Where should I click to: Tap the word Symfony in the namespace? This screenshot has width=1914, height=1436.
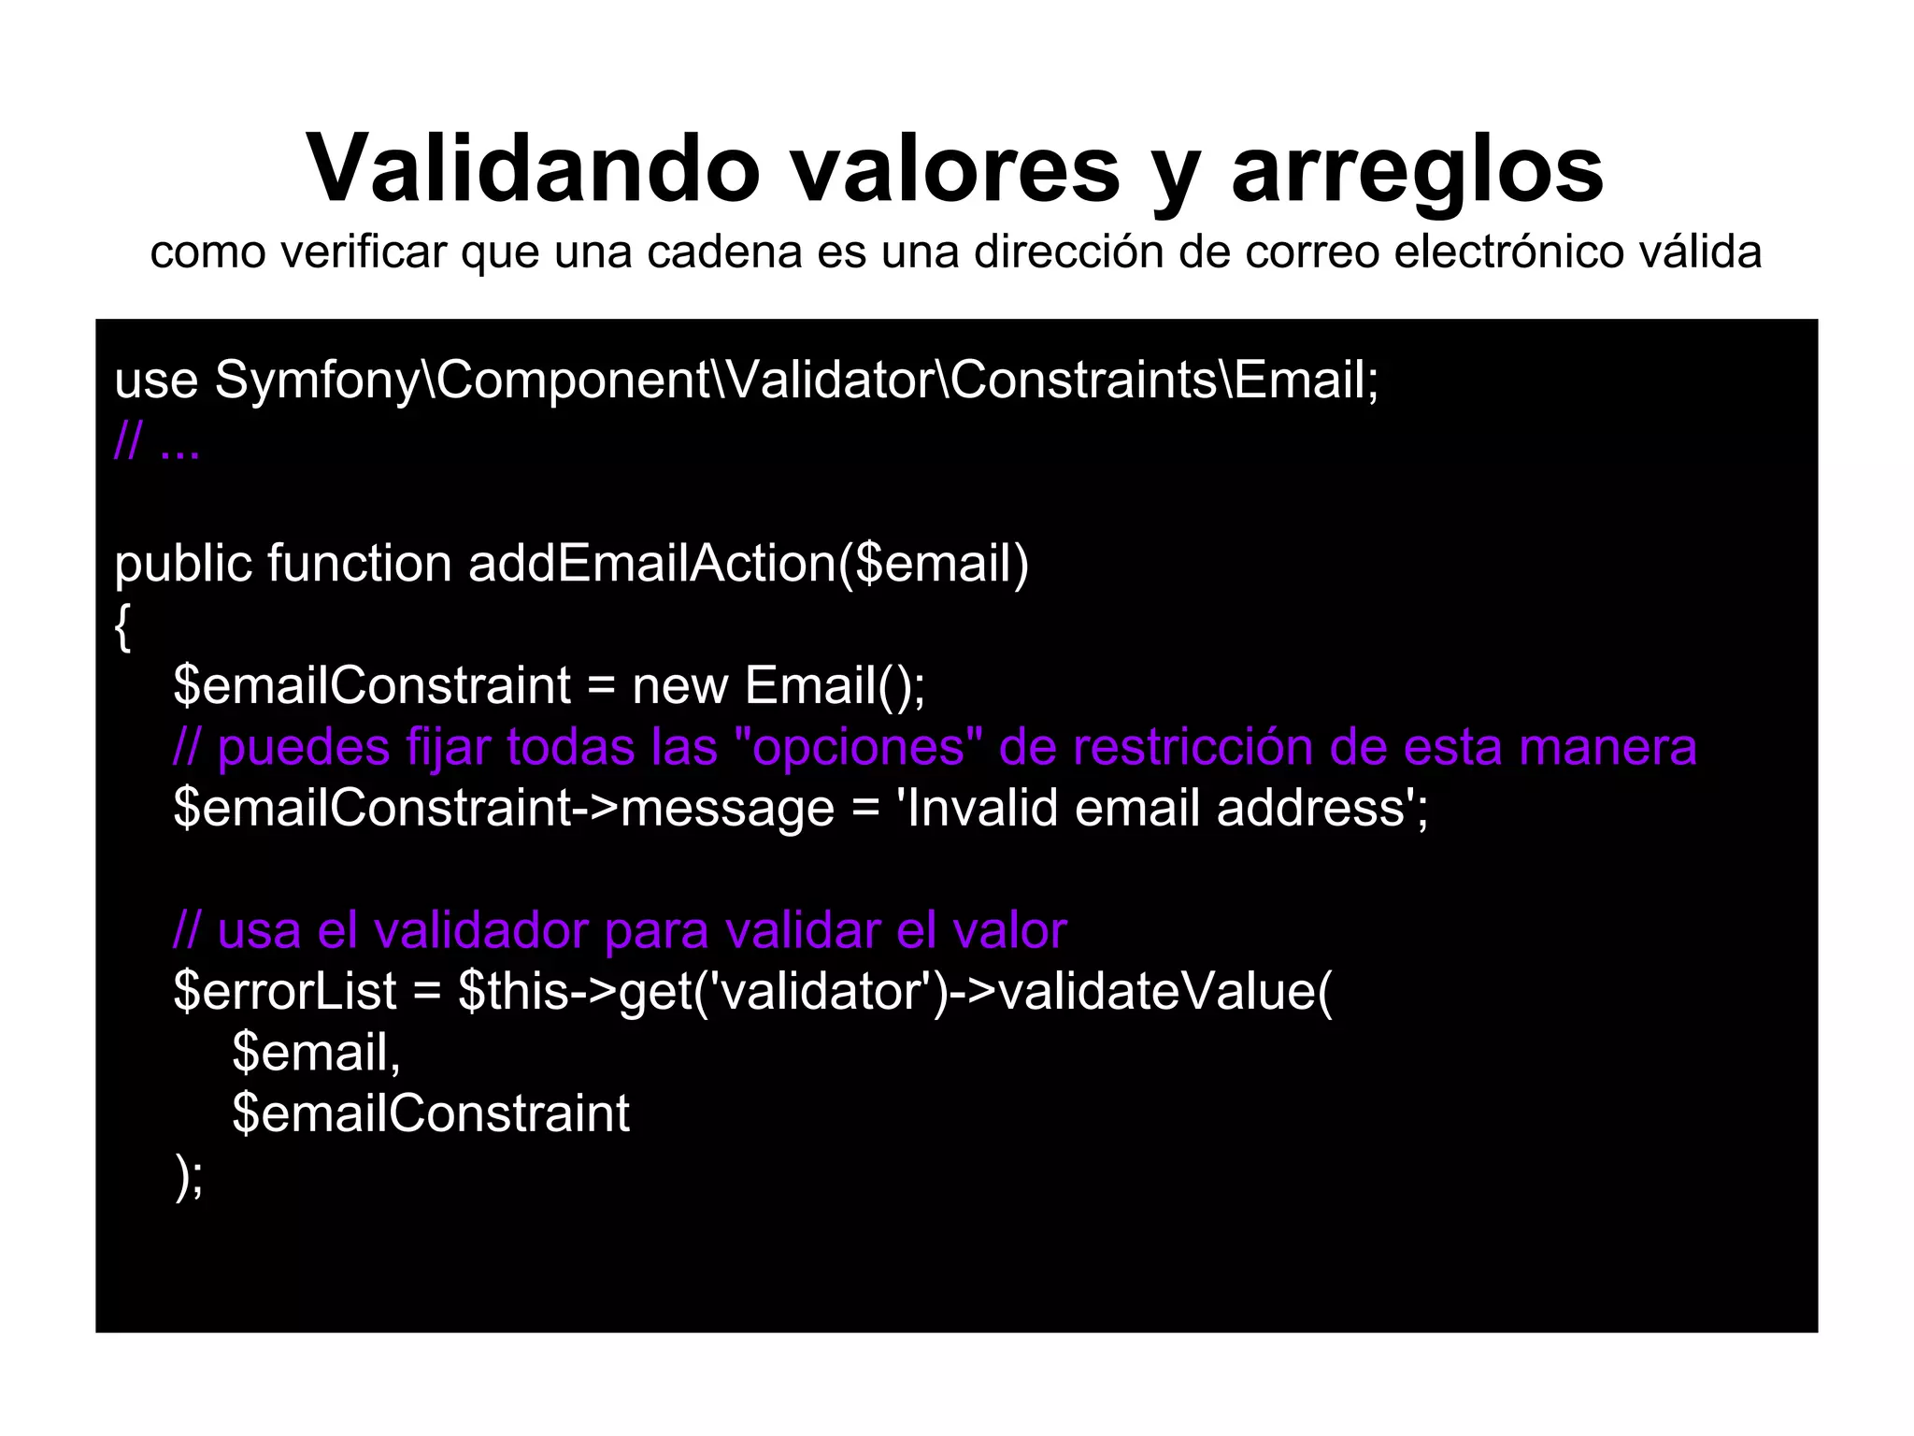click(318, 382)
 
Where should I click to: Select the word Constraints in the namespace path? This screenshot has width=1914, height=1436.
click(1085, 381)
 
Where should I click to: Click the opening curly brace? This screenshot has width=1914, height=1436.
click(122, 626)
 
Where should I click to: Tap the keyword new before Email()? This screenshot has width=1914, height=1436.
click(679, 686)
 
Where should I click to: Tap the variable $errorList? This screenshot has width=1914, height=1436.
click(285, 991)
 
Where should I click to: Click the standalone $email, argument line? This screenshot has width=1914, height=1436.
click(316, 1053)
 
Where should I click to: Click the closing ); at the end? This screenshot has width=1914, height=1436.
click(189, 1176)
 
